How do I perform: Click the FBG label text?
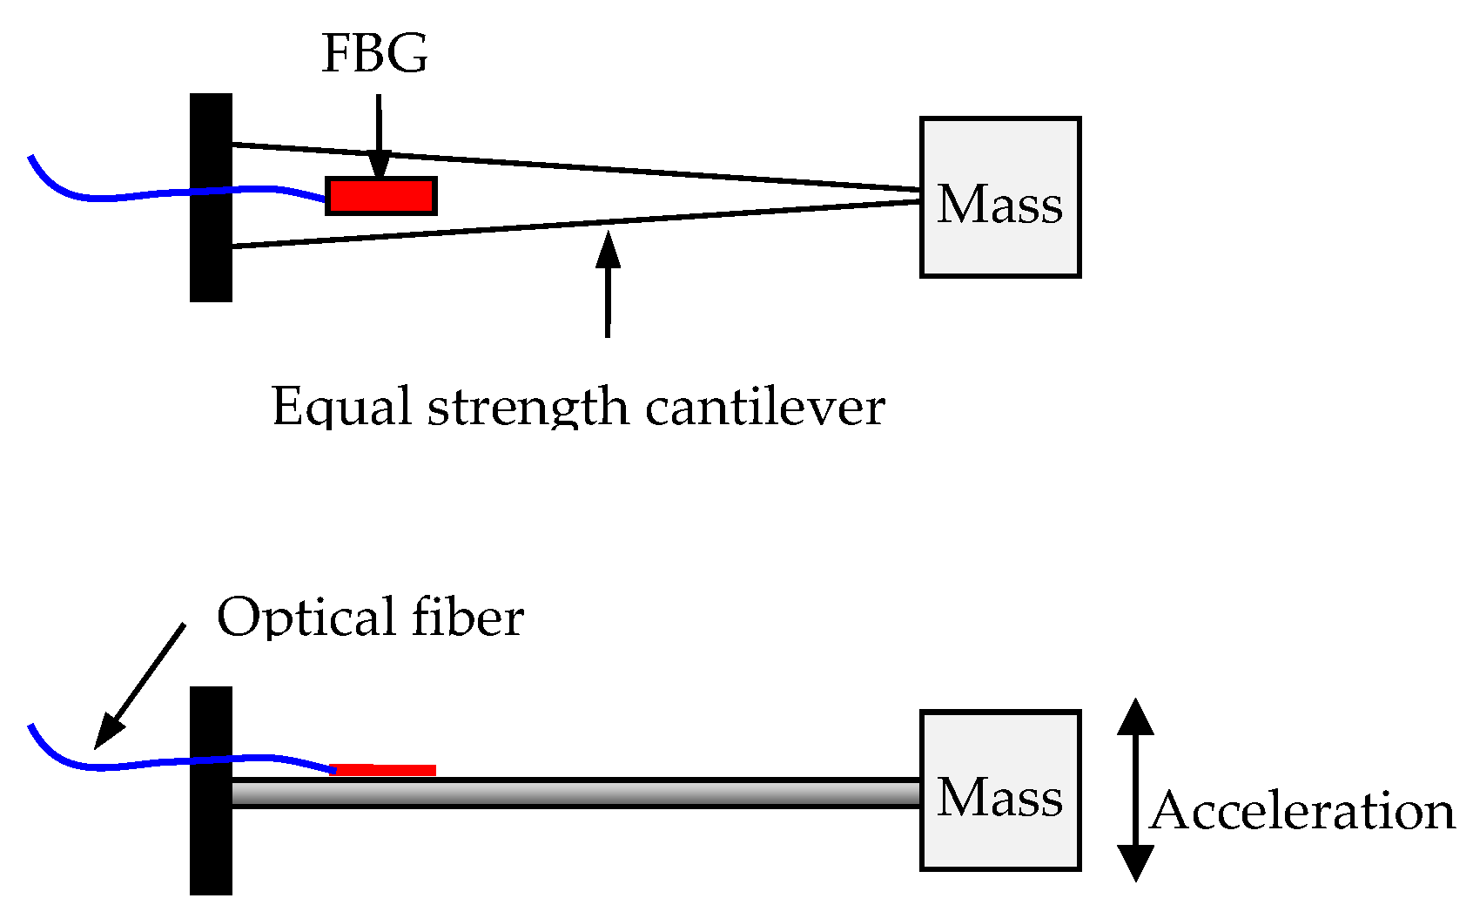pyautogui.click(x=374, y=53)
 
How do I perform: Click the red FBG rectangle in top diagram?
pyautogui.click(x=380, y=196)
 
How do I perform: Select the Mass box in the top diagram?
pyautogui.click(x=1000, y=198)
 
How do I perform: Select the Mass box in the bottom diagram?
pyautogui.click(x=1000, y=791)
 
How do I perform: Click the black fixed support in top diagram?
pyautogui.click(x=211, y=198)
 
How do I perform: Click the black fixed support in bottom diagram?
pyautogui.click(x=211, y=791)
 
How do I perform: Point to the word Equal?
pyautogui.click(x=340, y=406)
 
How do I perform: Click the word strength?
pyautogui.click(x=528, y=406)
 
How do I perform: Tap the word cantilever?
pyautogui.click(x=765, y=406)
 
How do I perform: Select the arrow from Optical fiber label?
pyautogui.click(x=139, y=686)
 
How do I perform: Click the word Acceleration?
pyautogui.click(x=1302, y=811)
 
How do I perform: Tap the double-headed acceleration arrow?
pyautogui.click(x=1135, y=791)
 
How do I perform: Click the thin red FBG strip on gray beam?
pyautogui.click(x=385, y=770)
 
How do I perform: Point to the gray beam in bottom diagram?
pyautogui.click(x=575, y=794)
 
